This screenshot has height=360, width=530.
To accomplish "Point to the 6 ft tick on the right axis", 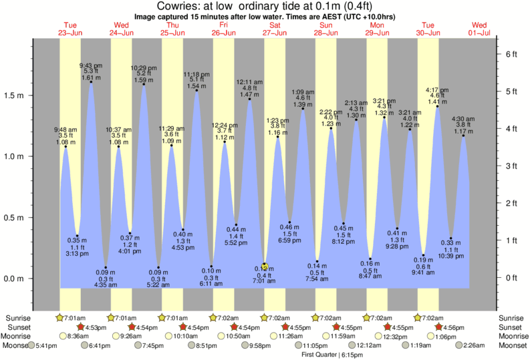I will click(512, 53).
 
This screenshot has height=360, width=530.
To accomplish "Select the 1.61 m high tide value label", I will click(90, 78).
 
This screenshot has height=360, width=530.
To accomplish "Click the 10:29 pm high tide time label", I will click(143, 67).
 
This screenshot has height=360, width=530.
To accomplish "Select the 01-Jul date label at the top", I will click(481, 33).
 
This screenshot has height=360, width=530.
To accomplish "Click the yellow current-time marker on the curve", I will click(265, 265).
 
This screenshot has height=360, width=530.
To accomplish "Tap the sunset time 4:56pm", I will click(454, 327).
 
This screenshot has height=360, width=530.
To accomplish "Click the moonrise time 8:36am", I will click(78, 336).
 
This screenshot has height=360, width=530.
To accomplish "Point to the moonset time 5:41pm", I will click(45, 345).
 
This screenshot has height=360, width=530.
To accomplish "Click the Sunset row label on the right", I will click(511, 327).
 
